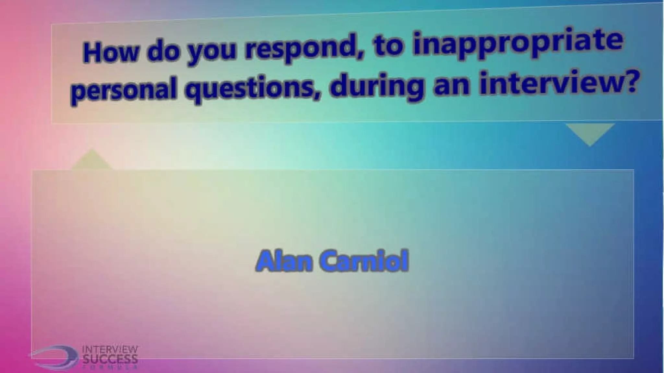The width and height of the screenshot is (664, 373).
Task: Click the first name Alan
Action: [282, 261]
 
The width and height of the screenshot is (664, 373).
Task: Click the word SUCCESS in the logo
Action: [110, 359]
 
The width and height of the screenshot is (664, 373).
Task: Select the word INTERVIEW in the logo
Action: [110, 350]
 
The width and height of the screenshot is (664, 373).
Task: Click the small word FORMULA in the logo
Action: [110, 367]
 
